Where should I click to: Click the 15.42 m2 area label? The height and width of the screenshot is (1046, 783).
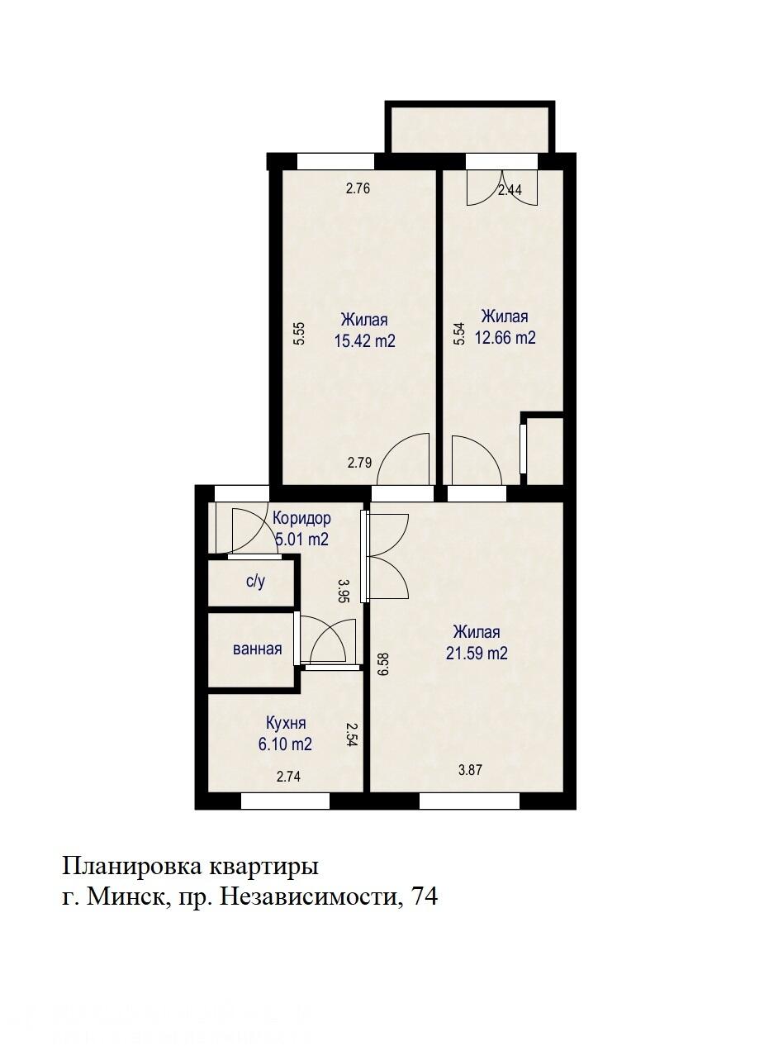[364, 340]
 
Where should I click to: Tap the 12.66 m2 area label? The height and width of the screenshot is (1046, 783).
[505, 337]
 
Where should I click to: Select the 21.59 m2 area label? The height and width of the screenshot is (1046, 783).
[477, 653]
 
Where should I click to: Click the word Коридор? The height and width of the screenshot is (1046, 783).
[301, 519]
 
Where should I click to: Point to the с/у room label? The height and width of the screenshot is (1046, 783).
[255, 582]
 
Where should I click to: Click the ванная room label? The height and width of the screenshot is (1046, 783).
[257, 649]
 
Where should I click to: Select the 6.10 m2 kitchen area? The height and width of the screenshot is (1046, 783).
[285, 744]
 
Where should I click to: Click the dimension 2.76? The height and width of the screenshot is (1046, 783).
[358, 188]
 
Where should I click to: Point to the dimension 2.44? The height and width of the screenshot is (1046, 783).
[510, 190]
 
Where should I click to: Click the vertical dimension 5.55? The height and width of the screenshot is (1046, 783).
[300, 332]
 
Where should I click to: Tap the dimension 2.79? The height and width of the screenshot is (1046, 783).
[359, 463]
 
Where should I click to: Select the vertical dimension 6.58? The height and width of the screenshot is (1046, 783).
[382, 665]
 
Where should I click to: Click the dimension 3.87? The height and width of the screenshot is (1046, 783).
[470, 769]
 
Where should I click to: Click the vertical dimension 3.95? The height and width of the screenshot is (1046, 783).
[344, 592]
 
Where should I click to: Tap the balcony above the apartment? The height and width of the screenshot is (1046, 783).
[469, 129]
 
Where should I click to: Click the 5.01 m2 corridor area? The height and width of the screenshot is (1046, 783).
[301, 540]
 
